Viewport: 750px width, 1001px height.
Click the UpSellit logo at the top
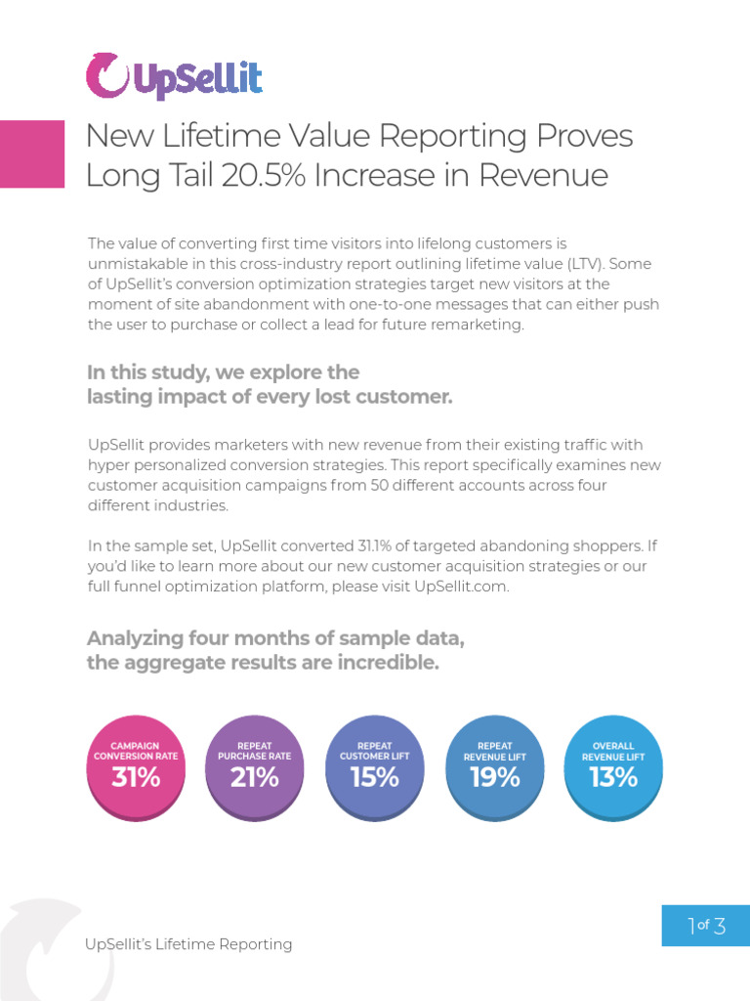pos(174,76)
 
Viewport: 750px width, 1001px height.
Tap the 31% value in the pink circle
pos(136,778)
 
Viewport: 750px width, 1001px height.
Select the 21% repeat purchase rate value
pos(255,778)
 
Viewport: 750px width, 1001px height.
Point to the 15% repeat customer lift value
pos(375,778)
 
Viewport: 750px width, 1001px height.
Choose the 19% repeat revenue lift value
pos(495,778)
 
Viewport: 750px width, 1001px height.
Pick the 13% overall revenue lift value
pos(613,778)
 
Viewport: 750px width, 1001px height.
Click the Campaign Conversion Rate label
pos(136,751)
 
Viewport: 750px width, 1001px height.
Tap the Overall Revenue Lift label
pos(613,751)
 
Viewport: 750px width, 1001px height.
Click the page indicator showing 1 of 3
pos(706,926)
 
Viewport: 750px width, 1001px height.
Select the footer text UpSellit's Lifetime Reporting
pos(188,944)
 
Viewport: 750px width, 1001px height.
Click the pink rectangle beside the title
pos(32,153)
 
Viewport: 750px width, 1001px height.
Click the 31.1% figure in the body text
pos(374,545)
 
